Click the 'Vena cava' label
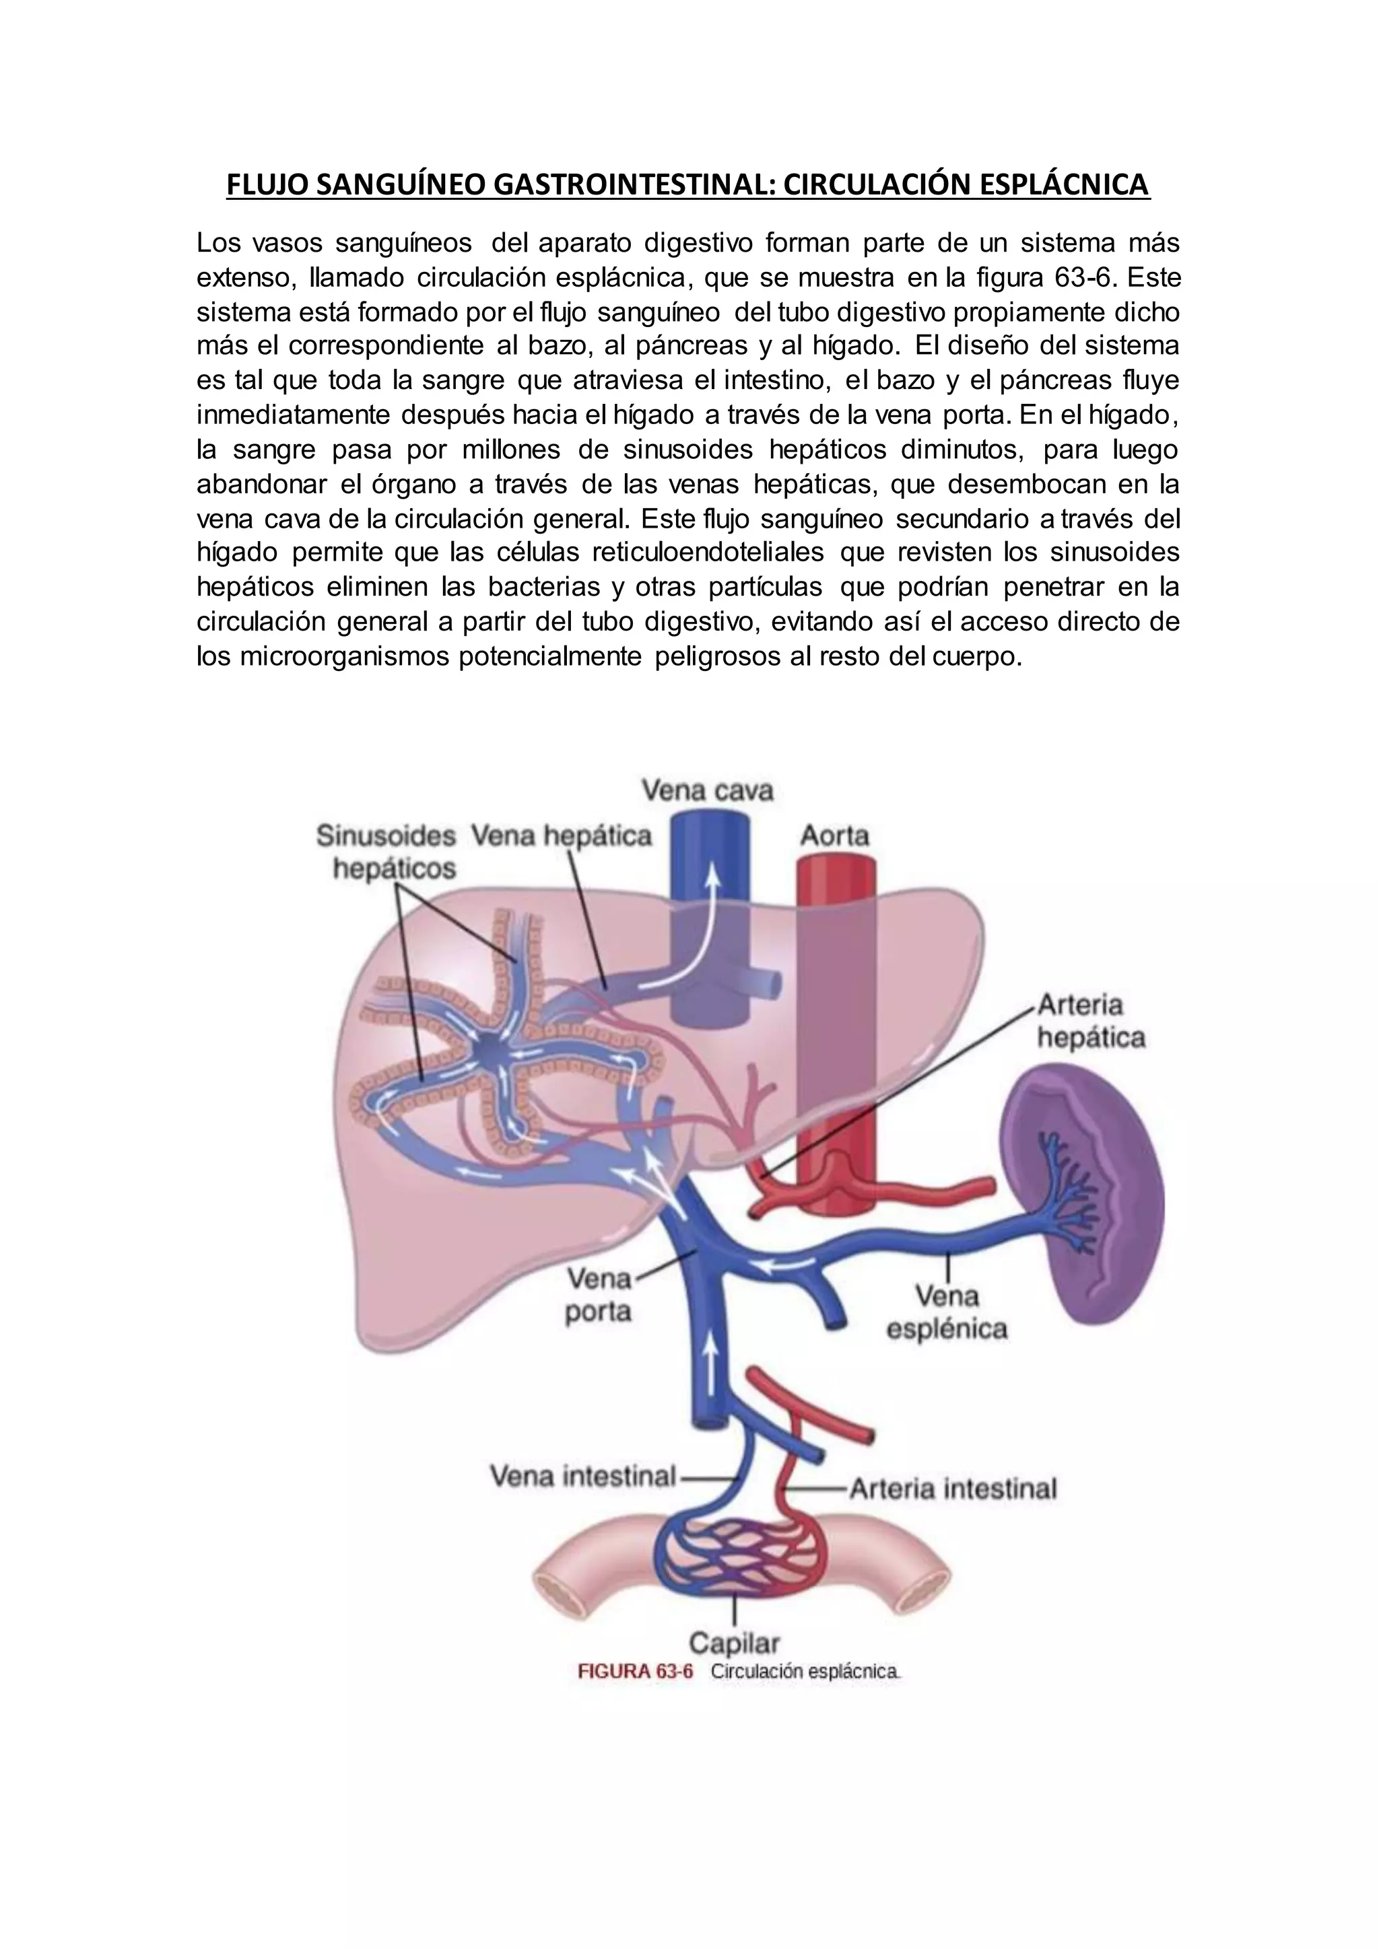tap(706, 791)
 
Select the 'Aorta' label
tap(835, 836)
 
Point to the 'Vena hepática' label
tap(562, 836)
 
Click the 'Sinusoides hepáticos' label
tap(387, 852)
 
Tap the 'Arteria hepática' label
tap(1091, 1021)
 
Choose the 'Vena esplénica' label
tap(947, 1312)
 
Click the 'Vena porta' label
tap(599, 1296)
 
